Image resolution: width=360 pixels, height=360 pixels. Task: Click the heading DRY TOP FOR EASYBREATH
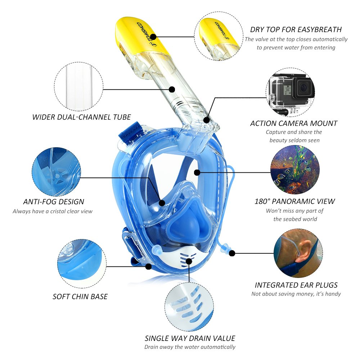click(x=296, y=30)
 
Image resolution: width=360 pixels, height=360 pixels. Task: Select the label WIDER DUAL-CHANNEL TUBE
click(x=81, y=117)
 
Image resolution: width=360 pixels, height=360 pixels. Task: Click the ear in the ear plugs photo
click(x=303, y=251)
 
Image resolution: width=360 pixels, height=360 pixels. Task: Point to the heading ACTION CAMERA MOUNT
click(x=294, y=123)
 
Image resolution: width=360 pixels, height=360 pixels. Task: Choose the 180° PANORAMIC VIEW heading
click(x=295, y=201)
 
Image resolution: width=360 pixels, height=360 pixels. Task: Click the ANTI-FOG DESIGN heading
click(x=54, y=202)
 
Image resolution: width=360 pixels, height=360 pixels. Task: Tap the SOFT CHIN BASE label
click(x=80, y=296)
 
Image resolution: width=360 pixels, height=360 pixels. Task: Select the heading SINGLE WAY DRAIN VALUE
click(x=190, y=338)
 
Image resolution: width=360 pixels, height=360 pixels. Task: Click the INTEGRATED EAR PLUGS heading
click(x=296, y=285)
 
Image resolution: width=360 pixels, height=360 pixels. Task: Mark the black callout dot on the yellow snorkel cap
click(x=153, y=37)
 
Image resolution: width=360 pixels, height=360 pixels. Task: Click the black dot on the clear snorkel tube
click(x=172, y=89)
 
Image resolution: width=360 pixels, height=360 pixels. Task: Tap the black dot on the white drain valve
click(x=189, y=261)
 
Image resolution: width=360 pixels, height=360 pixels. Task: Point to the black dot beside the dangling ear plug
click(x=232, y=253)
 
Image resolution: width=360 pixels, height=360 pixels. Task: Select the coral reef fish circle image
click(x=295, y=170)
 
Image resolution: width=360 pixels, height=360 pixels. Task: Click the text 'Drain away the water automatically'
click(x=190, y=347)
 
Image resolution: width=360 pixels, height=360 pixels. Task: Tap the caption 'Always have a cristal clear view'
click(x=53, y=211)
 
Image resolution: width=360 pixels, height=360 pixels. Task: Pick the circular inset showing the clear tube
click(x=79, y=86)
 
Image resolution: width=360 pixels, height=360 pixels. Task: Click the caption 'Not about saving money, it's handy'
click(x=296, y=294)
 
